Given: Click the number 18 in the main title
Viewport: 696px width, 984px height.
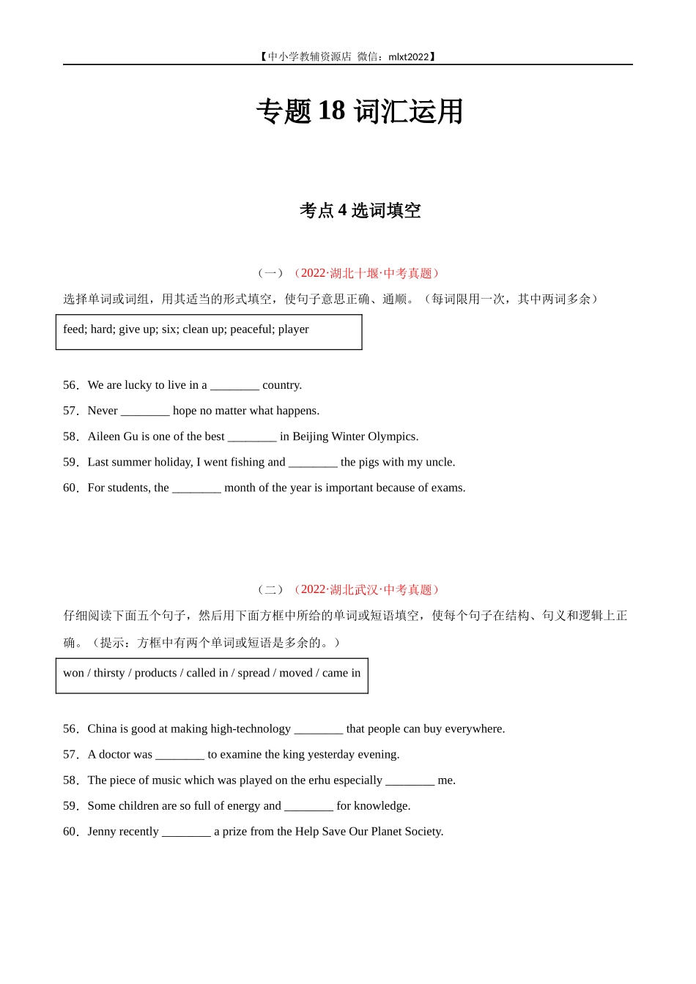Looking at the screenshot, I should click(x=331, y=111).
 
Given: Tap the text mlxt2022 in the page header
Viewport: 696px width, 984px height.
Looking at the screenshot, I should click(x=408, y=56).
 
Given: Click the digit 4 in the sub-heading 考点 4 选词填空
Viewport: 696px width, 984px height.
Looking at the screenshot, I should click(x=342, y=211).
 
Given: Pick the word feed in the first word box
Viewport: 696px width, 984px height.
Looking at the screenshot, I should click(x=73, y=329).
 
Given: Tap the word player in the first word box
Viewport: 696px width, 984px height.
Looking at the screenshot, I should click(x=293, y=329).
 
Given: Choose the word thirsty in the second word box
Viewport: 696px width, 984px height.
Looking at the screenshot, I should click(x=109, y=673).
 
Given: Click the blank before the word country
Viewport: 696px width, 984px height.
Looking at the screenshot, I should click(x=234, y=386).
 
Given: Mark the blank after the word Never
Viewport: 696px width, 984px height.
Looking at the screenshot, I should click(x=145, y=411).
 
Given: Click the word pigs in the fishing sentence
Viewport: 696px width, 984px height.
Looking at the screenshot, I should click(x=374, y=462).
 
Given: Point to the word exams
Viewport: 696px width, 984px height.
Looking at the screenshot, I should click(x=447, y=488).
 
